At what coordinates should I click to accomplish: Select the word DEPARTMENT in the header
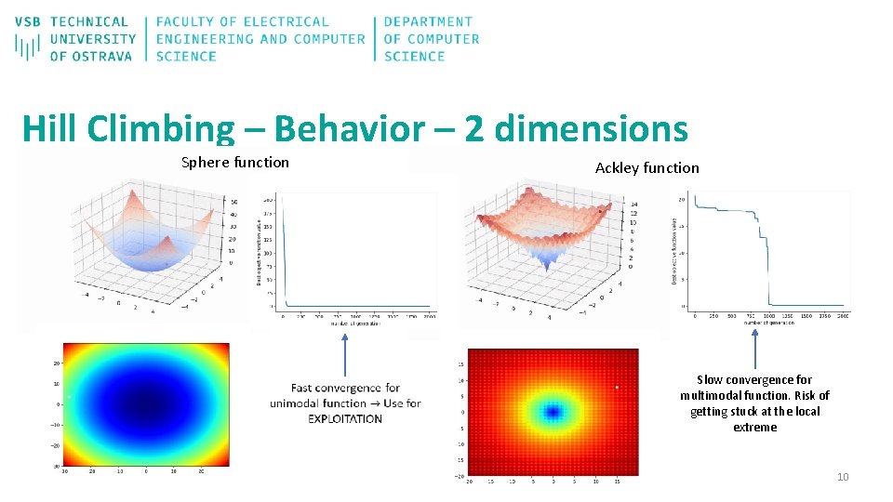[428, 21]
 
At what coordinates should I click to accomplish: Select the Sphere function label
[235, 163]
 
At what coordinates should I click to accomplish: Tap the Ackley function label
[646, 168]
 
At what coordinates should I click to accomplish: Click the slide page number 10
[843, 477]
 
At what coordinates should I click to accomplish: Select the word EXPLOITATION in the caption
[345, 419]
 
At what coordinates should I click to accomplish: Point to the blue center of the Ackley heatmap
[553, 411]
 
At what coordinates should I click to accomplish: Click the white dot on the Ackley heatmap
[616, 387]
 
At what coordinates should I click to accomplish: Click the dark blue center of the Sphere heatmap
[145, 404]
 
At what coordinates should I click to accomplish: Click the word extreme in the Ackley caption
[754, 428]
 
